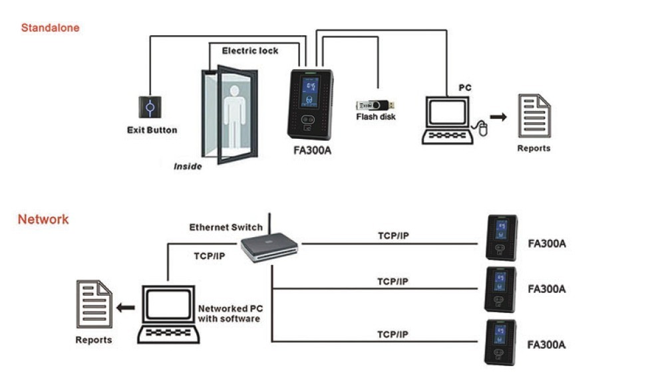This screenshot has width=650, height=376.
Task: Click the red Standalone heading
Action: (50, 28)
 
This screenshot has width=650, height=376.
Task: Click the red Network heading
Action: (43, 219)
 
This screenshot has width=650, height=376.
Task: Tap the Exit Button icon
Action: (150, 107)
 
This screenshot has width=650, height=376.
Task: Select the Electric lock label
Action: (249, 50)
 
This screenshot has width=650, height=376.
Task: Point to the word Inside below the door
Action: (188, 167)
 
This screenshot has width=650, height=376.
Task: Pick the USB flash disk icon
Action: (375, 104)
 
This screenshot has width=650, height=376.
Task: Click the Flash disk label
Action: (376, 118)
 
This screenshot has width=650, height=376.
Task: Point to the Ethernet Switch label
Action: (226, 227)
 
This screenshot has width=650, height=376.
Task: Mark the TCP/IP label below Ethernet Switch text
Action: (208, 254)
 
